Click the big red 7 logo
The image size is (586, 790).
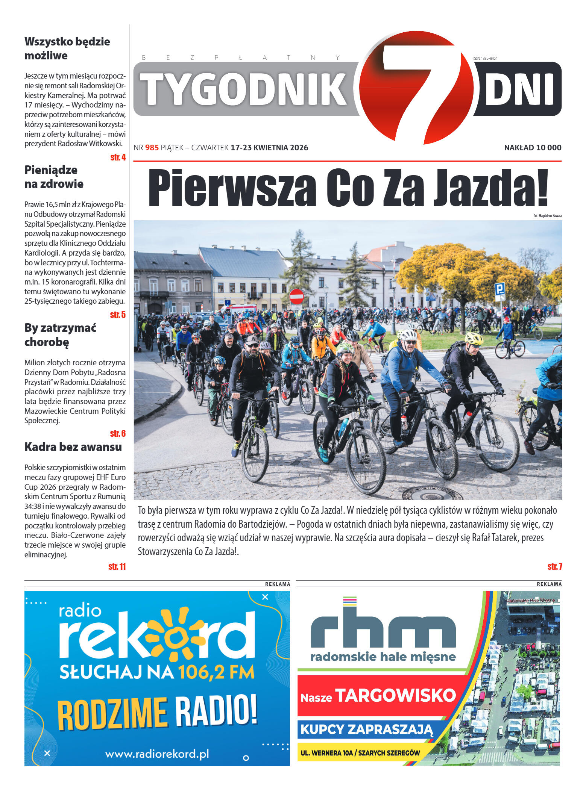416,88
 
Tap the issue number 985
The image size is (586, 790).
152,148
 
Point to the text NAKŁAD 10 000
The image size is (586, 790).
533,148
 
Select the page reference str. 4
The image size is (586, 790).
118,157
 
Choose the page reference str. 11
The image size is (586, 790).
117,566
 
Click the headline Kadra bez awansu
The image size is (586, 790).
73,447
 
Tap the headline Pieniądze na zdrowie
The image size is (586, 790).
54,177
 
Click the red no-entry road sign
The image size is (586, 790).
296,297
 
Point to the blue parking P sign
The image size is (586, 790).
499,289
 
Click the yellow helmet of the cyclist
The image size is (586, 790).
474,338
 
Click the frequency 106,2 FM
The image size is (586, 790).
216,672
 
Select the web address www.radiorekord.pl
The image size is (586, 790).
157,754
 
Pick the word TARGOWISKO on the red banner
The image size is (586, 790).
395,695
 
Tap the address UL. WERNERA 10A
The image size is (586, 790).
327,753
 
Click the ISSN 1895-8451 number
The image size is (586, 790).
485,58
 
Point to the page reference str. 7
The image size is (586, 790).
555,566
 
